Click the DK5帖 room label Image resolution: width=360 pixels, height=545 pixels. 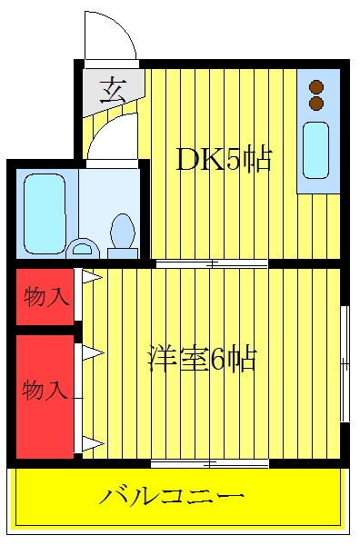(x=224, y=160)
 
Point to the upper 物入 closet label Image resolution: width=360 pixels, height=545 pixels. (x=45, y=297)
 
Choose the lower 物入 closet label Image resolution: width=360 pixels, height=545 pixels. (x=45, y=390)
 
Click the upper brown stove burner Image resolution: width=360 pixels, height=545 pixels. (x=316, y=86)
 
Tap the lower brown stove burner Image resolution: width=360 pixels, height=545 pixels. (x=316, y=103)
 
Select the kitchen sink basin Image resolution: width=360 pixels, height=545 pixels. (x=315, y=150)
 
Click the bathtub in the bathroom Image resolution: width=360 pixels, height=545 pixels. (x=45, y=213)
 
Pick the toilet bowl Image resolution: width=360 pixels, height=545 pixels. (x=122, y=231)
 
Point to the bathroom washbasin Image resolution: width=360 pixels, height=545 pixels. (x=83, y=248)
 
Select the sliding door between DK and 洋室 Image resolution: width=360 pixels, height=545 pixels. (x=212, y=263)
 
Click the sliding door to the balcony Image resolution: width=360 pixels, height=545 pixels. (x=210, y=463)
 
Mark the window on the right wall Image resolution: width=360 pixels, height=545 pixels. (x=345, y=364)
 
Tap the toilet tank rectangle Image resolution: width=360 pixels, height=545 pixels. (x=123, y=253)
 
